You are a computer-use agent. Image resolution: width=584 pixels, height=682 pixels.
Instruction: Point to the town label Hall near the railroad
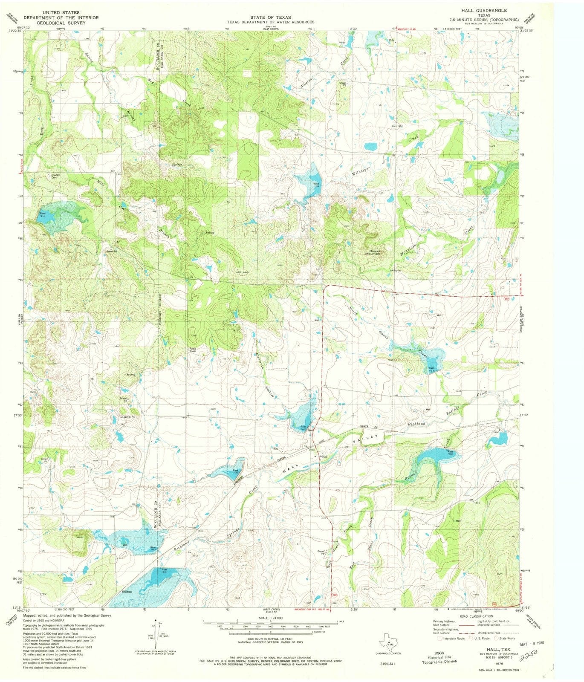(324, 456)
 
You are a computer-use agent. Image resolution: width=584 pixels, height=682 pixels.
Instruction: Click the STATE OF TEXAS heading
(270, 17)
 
